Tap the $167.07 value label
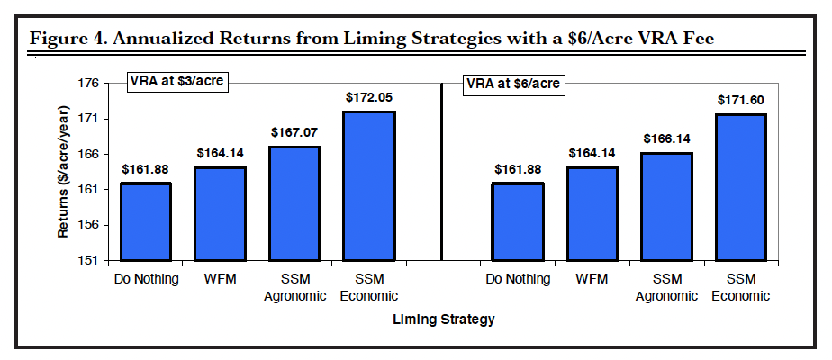[294, 131]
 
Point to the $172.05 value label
[369, 97]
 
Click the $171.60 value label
[740, 100]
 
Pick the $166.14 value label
[666, 139]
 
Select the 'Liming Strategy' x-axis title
[443, 319]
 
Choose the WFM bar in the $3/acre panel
[221, 214]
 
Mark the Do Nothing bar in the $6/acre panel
[517, 221]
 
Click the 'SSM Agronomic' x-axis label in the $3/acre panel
[294, 287]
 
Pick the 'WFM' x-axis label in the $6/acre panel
[592, 279]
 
